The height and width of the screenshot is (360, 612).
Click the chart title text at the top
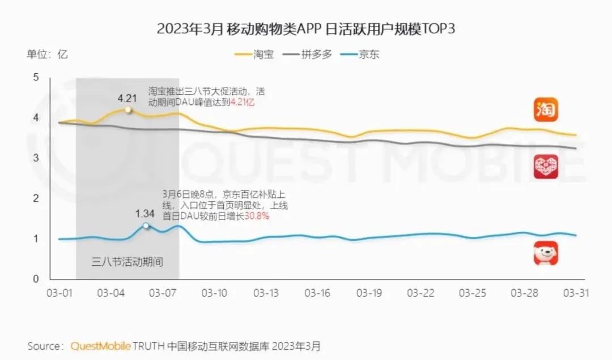(306, 29)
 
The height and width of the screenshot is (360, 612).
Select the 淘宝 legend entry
(261, 55)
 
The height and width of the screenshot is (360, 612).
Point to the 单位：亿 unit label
(47, 55)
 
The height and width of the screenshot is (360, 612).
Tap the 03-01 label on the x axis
(59, 293)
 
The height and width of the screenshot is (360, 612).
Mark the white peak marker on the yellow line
(129, 109)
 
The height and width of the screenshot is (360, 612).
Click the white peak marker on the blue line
(146, 226)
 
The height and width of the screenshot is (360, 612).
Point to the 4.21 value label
(128, 98)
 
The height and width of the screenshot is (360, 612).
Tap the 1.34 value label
(146, 214)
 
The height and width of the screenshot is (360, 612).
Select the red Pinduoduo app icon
(546, 167)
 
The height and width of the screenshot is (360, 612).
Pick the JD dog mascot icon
(546, 253)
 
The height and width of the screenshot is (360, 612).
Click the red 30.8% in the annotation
(257, 216)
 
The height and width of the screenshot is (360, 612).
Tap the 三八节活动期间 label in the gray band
(127, 262)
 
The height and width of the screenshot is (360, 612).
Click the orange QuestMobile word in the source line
(101, 346)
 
